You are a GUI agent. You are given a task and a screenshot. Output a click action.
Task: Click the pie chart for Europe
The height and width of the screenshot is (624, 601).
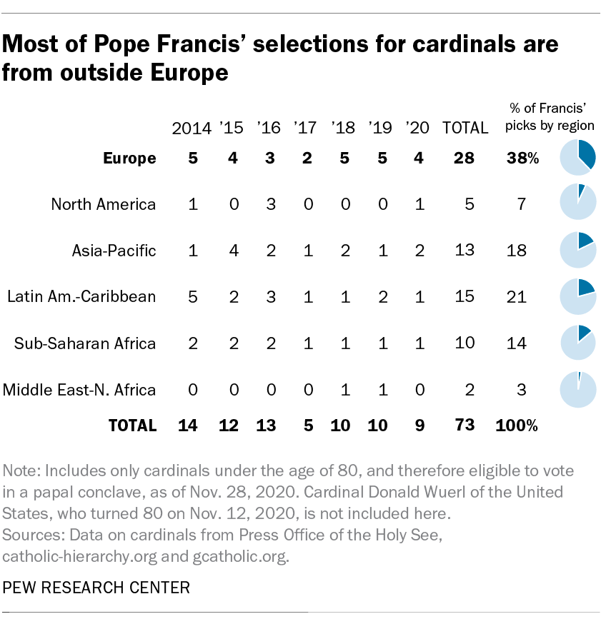pyautogui.click(x=577, y=158)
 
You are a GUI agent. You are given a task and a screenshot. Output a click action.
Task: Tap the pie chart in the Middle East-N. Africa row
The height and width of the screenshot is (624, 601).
pyautogui.click(x=577, y=390)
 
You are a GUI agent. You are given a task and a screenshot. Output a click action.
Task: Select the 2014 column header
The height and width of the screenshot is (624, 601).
pyautogui.click(x=192, y=128)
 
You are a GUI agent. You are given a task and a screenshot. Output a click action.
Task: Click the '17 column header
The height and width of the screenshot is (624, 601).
pyautogui.click(x=307, y=128)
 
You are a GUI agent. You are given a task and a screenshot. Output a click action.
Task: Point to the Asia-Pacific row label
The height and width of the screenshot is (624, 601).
pyautogui.click(x=114, y=251)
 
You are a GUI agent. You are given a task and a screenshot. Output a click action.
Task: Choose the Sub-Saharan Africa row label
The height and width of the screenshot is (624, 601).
pyautogui.click(x=85, y=343)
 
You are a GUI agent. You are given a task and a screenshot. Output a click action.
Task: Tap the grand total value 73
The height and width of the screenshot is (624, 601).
pyautogui.click(x=465, y=426)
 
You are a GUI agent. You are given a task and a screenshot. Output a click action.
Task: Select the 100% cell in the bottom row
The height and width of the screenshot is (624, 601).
pyautogui.click(x=517, y=426)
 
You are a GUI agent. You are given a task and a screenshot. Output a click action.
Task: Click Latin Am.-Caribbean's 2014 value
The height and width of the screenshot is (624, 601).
pyautogui.click(x=192, y=297)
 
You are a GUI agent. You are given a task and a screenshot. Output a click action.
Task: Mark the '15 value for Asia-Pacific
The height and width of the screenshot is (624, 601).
pyautogui.click(x=232, y=251)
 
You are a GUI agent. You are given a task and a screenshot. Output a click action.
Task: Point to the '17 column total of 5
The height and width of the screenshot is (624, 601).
pyautogui.click(x=307, y=426)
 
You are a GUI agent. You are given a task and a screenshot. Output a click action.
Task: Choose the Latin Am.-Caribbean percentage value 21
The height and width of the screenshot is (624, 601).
pyautogui.click(x=517, y=297)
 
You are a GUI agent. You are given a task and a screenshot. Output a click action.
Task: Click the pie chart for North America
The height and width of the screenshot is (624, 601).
pyautogui.click(x=577, y=204)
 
